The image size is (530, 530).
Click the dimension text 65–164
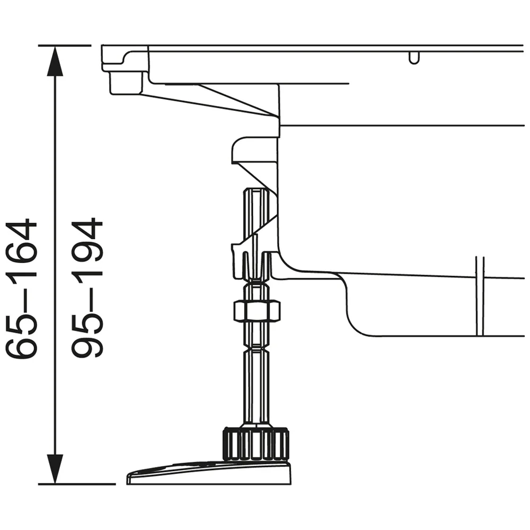(x=22, y=289)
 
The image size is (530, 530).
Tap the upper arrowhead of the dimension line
(x=55, y=61)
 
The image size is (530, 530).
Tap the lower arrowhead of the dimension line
(x=55, y=469)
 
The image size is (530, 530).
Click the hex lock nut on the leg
(x=257, y=311)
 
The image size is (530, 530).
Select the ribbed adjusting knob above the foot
(x=256, y=444)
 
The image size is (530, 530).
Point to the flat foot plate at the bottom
(x=209, y=473)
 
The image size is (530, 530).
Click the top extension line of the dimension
(x=65, y=45)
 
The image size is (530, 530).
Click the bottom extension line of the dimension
(x=77, y=484)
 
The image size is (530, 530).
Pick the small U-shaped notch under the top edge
(x=414, y=58)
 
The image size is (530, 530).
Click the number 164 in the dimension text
(x=22, y=251)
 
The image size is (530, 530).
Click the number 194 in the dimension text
(x=87, y=251)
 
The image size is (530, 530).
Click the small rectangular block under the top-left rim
(x=126, y=82)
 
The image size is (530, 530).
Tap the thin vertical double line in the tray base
(x=480, y=296)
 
